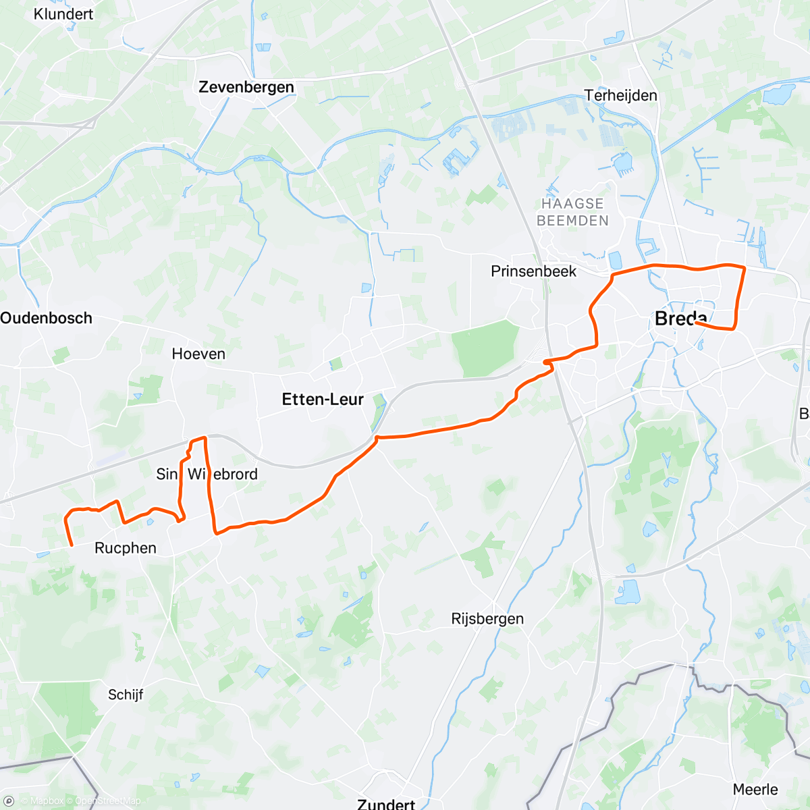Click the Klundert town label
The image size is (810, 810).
63,13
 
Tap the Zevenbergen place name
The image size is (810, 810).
246,87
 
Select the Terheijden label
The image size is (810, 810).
621,95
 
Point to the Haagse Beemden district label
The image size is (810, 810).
572,212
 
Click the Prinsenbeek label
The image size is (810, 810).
533,271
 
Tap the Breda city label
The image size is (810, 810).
680,319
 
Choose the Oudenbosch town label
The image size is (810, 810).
47,318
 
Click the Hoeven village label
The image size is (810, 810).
198,354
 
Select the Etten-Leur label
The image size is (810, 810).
323,400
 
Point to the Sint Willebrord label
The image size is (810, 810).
207,474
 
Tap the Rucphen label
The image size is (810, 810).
126,548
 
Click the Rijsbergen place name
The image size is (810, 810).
487,619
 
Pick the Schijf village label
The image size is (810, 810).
126,695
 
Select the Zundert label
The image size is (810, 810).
386,804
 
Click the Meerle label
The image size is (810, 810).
755,789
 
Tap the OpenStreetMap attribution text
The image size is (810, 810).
107,801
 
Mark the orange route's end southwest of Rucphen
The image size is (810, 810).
72,545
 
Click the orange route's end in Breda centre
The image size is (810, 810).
695,323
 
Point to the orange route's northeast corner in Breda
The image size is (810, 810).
745,269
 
